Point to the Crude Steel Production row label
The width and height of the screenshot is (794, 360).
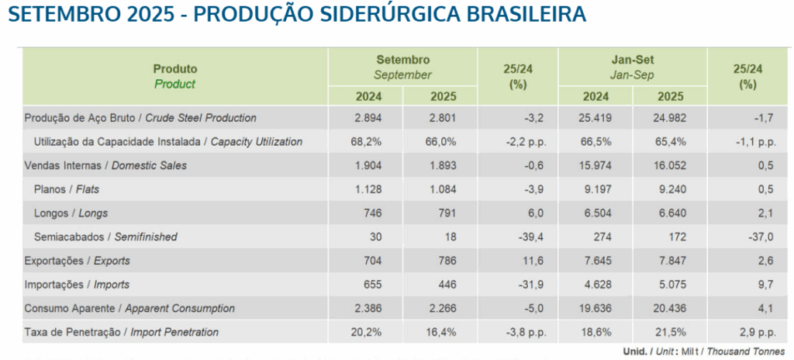[140, 118]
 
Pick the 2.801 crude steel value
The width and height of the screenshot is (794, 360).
[442, 118]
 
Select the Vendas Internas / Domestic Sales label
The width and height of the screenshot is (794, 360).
[106, 165]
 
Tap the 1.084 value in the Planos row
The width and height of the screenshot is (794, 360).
[442, 189]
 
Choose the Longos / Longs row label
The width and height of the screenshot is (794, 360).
[71, 213]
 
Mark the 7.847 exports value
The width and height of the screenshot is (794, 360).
[670, 261]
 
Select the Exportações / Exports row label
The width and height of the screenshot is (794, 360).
[78, 261]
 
